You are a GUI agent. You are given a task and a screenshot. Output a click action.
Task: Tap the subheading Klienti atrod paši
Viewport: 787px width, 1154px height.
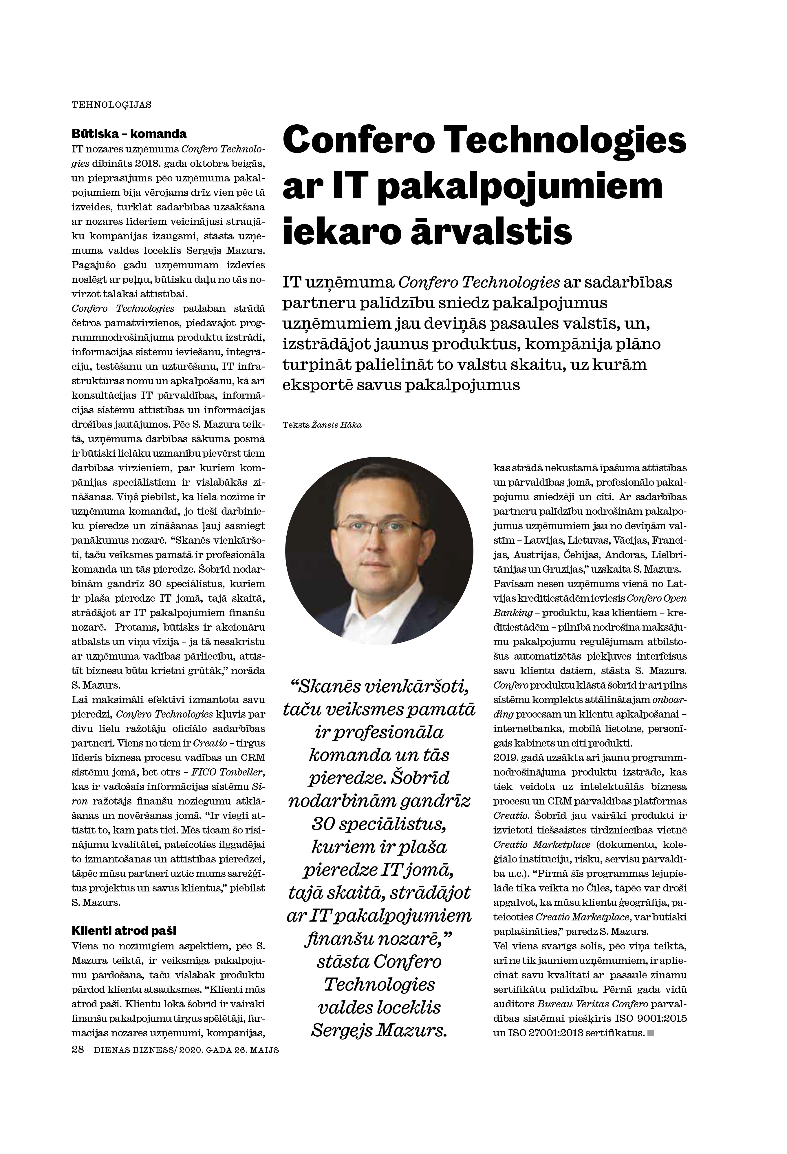(124, 930)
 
